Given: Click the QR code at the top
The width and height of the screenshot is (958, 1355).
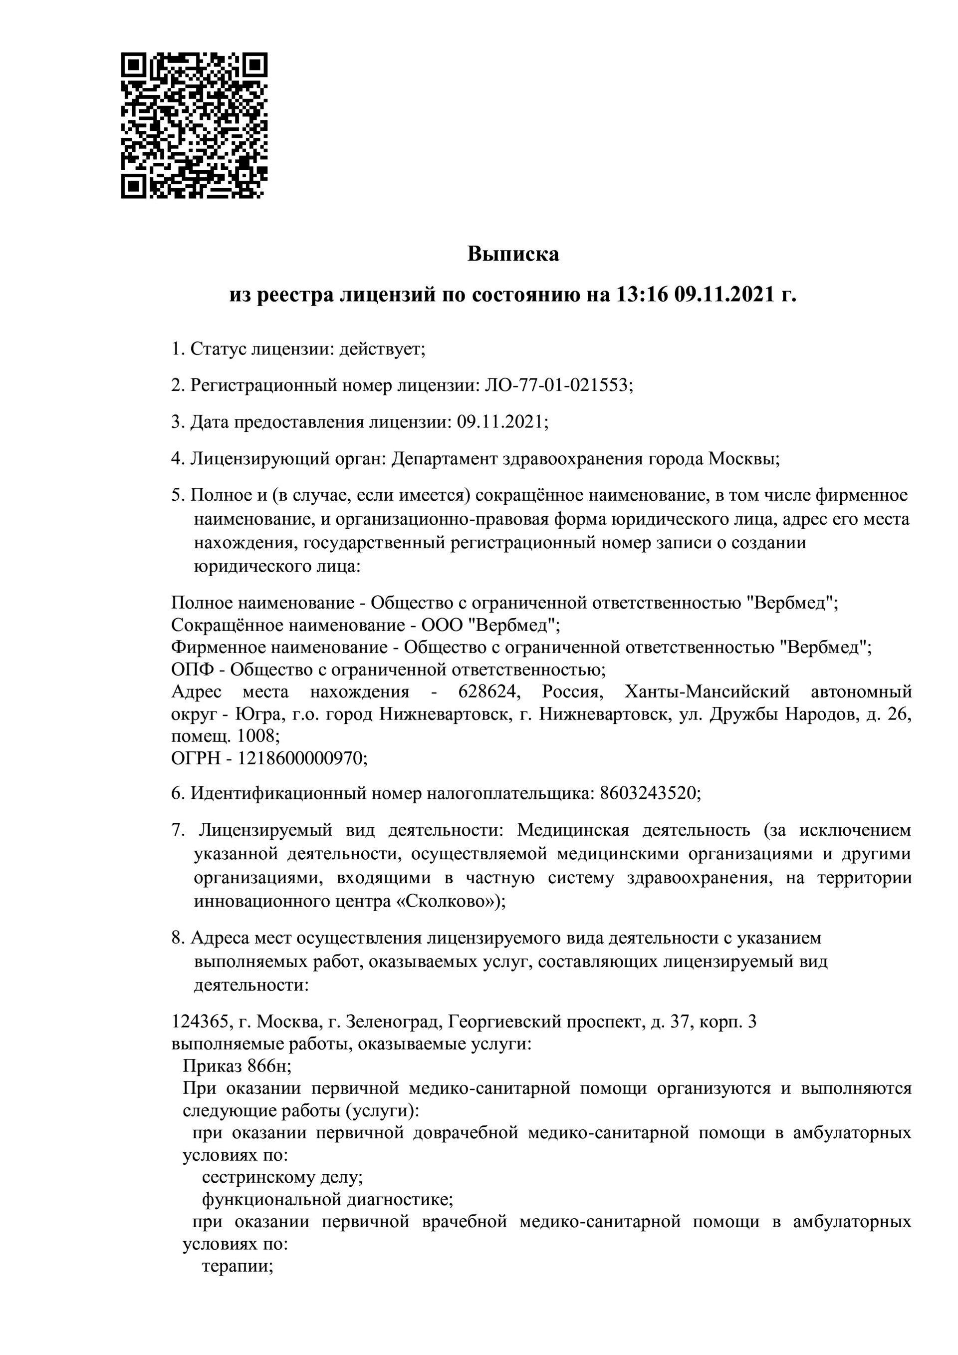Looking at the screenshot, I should click(x=194, y=126).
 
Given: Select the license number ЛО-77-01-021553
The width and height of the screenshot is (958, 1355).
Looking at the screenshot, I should click(x=557, y=385).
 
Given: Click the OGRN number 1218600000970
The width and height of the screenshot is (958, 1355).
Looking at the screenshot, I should click(x=300, y=758).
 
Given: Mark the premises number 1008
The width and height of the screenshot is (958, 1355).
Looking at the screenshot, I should click(x=256, y=736).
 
